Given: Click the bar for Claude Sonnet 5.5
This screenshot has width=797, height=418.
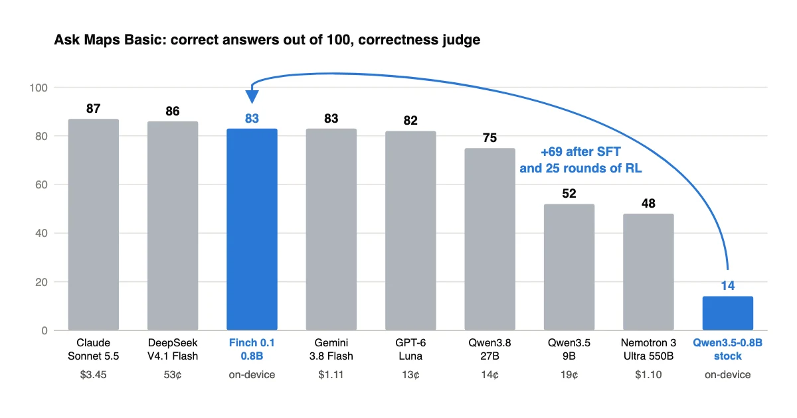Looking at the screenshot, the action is tap(94, 225).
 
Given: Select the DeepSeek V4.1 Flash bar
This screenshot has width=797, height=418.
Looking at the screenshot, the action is tap(173, 226).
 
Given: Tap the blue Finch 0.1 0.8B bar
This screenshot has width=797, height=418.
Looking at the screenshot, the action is tap(252, 230).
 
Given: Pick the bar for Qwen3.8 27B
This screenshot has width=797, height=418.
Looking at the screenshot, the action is tap(490, 240).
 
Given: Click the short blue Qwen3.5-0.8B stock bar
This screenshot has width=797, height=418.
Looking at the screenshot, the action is tap(728, 313).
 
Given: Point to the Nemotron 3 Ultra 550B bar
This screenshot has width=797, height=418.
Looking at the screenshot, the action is tap(648, 272).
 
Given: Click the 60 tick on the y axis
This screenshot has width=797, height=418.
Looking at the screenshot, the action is tap(41, 185).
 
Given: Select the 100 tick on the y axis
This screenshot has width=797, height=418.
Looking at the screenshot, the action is tap(39, 88).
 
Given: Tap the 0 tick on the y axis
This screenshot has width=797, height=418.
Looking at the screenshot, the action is tap(44, 330).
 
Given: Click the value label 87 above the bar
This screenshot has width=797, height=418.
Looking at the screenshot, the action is tap(94, 108).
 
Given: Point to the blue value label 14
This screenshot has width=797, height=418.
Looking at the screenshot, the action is tap(728, 285).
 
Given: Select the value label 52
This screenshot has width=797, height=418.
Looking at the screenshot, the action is tap(569, 193).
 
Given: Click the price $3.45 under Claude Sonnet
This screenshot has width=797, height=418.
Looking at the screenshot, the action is tap(93, 375).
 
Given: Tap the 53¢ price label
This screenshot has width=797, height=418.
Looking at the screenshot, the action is tap(173, 375).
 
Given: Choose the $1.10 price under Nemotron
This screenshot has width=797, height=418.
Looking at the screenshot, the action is tap(648, 375).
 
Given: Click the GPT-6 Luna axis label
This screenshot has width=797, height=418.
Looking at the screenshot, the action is tap(410, 350).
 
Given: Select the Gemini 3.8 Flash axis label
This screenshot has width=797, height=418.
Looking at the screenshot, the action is tap(331, 350).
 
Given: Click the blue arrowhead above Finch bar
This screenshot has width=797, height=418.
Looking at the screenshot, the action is tap(252, 97).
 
